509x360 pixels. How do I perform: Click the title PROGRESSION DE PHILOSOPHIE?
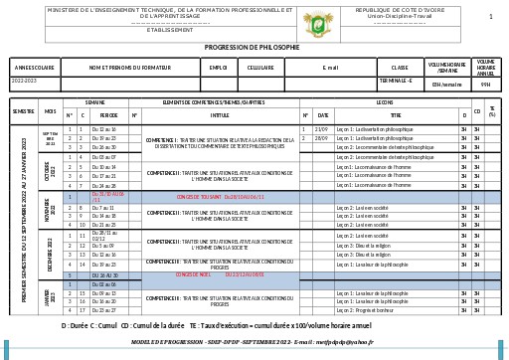[252, 47]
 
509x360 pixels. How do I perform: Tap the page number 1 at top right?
[490, 17]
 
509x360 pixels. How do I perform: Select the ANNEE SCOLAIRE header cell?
[35, 68]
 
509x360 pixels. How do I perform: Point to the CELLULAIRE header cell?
[260, 68]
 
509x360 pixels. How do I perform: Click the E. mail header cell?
[331, 68]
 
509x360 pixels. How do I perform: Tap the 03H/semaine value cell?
[447, 84]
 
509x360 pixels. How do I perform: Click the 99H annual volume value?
[485, 84]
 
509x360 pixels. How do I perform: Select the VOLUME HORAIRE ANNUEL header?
[485, 67]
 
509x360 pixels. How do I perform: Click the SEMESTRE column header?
[24, 111]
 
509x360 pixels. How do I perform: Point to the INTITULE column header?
[219, 115]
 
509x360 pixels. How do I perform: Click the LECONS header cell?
[385, 102]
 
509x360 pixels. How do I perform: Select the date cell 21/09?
[321, 129]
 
